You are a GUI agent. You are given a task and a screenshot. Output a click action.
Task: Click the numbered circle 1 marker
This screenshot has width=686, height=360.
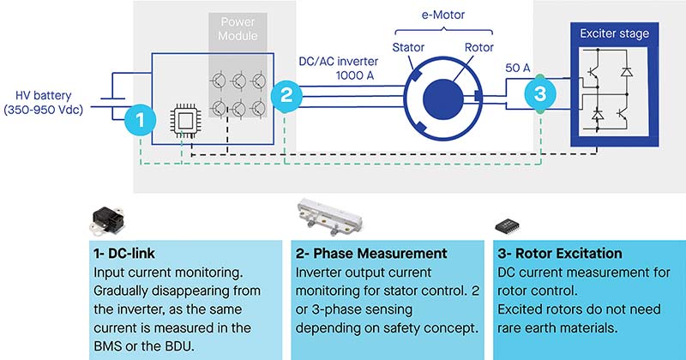140,120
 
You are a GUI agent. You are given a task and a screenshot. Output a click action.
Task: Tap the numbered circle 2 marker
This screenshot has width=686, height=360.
286,95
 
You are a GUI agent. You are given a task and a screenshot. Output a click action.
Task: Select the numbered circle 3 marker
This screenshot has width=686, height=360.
540,93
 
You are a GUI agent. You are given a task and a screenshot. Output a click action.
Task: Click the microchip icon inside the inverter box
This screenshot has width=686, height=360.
184,120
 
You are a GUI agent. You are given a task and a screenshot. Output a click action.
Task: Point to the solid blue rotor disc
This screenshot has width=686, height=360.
442,99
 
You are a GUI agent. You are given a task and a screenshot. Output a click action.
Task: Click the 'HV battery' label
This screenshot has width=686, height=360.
44,95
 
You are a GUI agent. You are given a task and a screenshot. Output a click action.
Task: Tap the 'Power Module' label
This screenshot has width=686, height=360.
238,28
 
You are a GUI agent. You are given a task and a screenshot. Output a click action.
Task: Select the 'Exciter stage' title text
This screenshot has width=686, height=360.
614,33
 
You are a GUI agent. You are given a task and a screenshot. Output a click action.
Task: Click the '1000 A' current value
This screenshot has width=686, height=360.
355,75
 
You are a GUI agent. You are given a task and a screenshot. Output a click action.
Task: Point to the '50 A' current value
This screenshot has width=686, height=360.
518,68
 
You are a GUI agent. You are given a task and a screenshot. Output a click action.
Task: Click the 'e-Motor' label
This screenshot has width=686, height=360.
443,15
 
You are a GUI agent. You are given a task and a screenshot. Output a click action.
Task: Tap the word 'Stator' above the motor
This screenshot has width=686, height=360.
408,47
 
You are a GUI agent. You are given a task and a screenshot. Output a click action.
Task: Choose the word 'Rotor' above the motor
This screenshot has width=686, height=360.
479,47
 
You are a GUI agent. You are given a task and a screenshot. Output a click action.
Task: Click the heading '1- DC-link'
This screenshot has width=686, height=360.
124,253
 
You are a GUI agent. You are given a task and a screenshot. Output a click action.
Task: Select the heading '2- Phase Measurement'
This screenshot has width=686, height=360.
371,253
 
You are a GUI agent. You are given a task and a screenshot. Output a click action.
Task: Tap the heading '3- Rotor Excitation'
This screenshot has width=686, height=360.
560,253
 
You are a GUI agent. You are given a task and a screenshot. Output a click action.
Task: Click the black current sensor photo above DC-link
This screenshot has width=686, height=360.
107,220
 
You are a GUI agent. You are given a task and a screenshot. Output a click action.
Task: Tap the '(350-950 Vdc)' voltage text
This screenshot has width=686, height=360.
44,110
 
